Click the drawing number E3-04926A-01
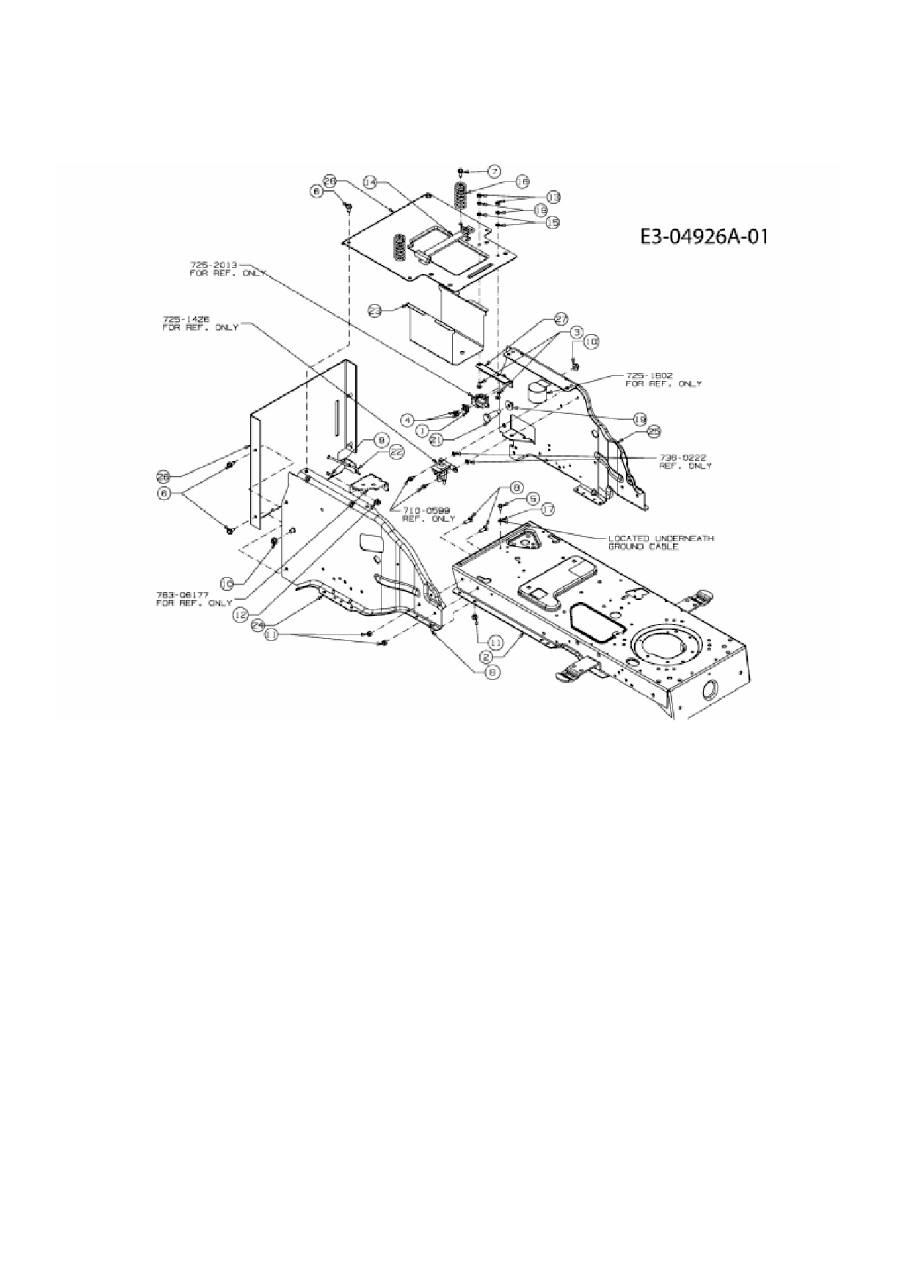tap(704, 236)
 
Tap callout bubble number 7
tap(494, 171)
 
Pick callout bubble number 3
tap(578, 332)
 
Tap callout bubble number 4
tap(408, 419)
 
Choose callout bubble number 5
tap(532, 497)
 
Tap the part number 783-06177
tap(181, 595)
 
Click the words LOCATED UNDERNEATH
tap(660, 538)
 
